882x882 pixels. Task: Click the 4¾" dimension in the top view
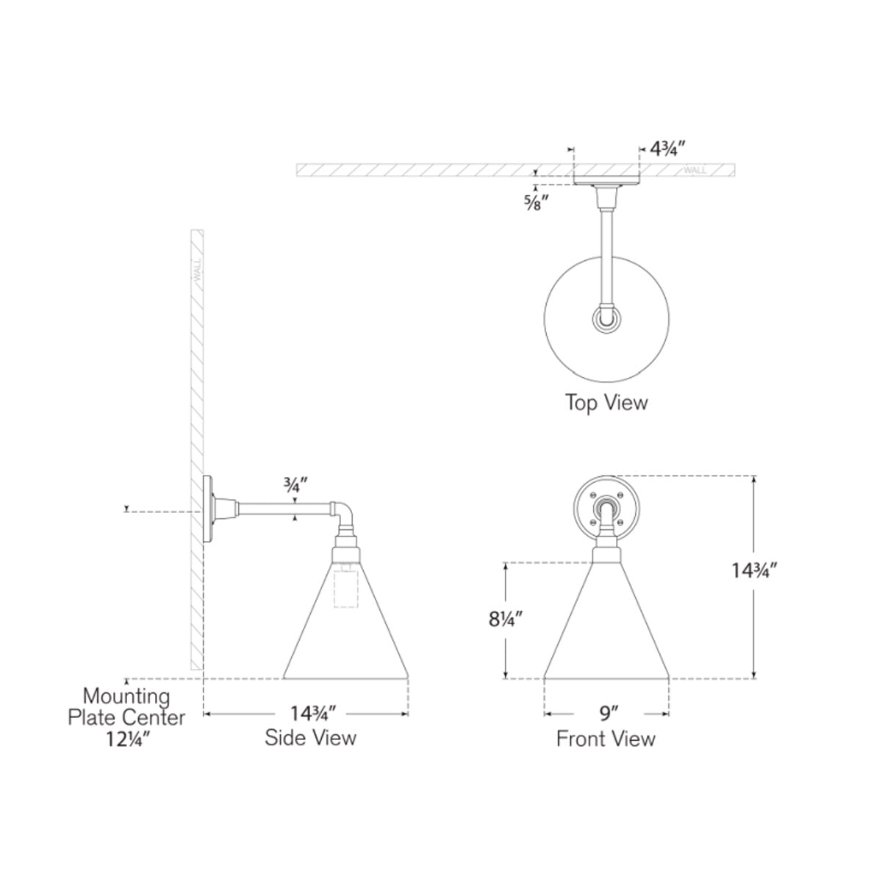[668, 149]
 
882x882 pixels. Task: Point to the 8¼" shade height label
[505, 620]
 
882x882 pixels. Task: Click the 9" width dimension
[609, 713]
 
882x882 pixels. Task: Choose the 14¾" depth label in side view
[314, 713]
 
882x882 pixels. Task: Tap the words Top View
[606, 402]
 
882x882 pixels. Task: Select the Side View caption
[310, 737]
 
